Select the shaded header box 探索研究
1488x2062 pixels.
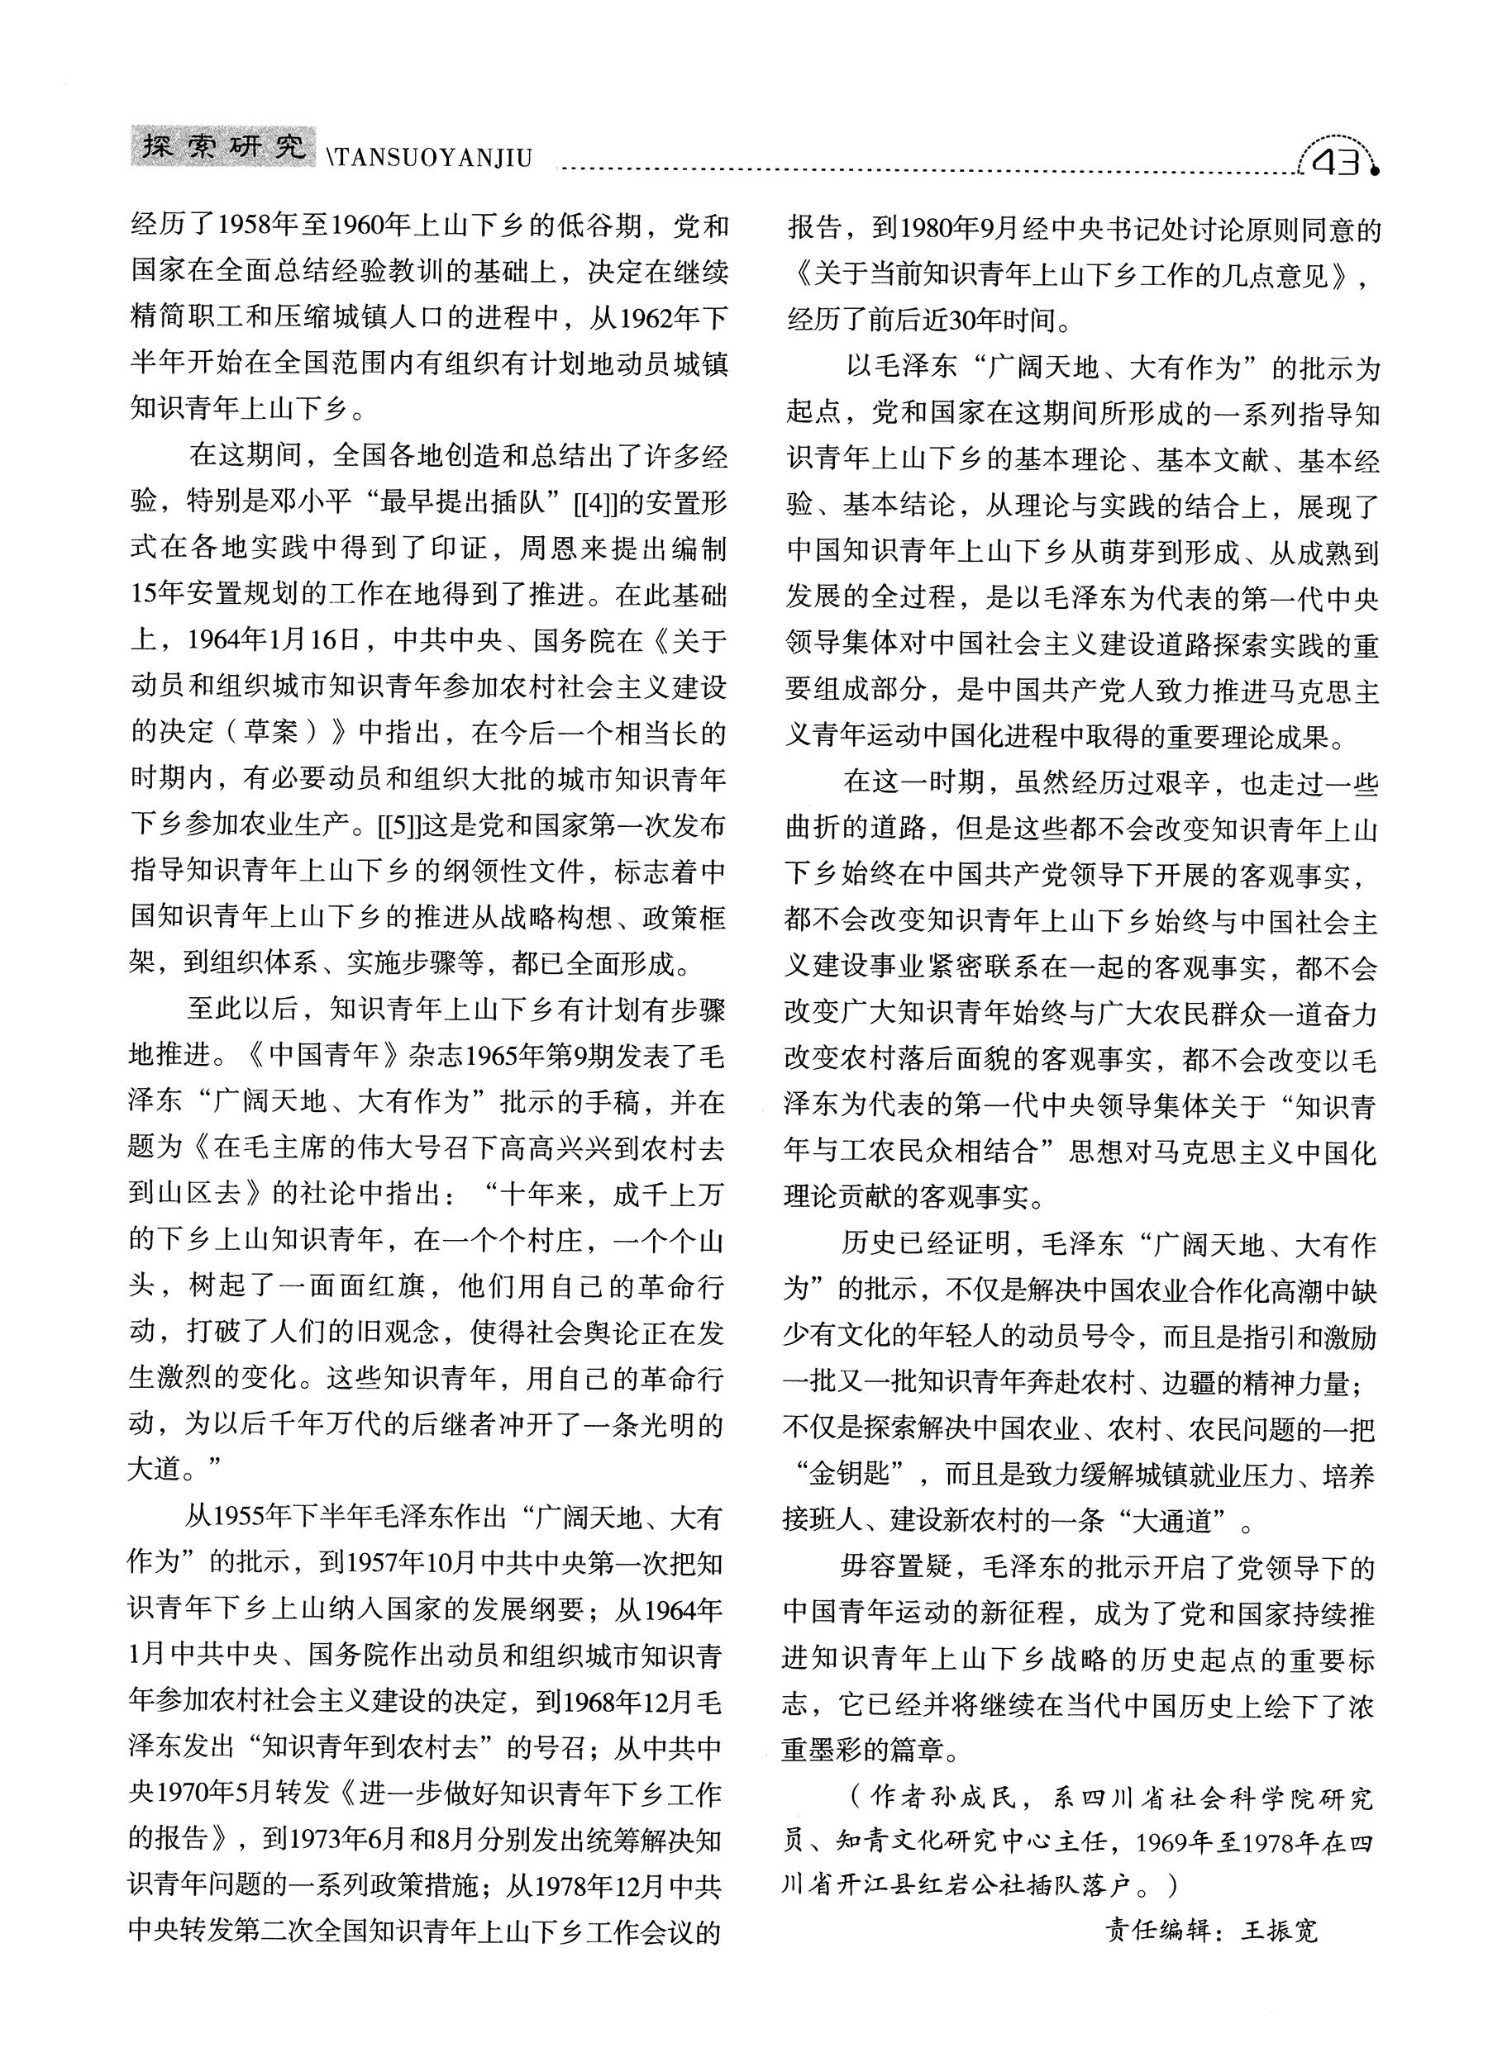224,145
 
